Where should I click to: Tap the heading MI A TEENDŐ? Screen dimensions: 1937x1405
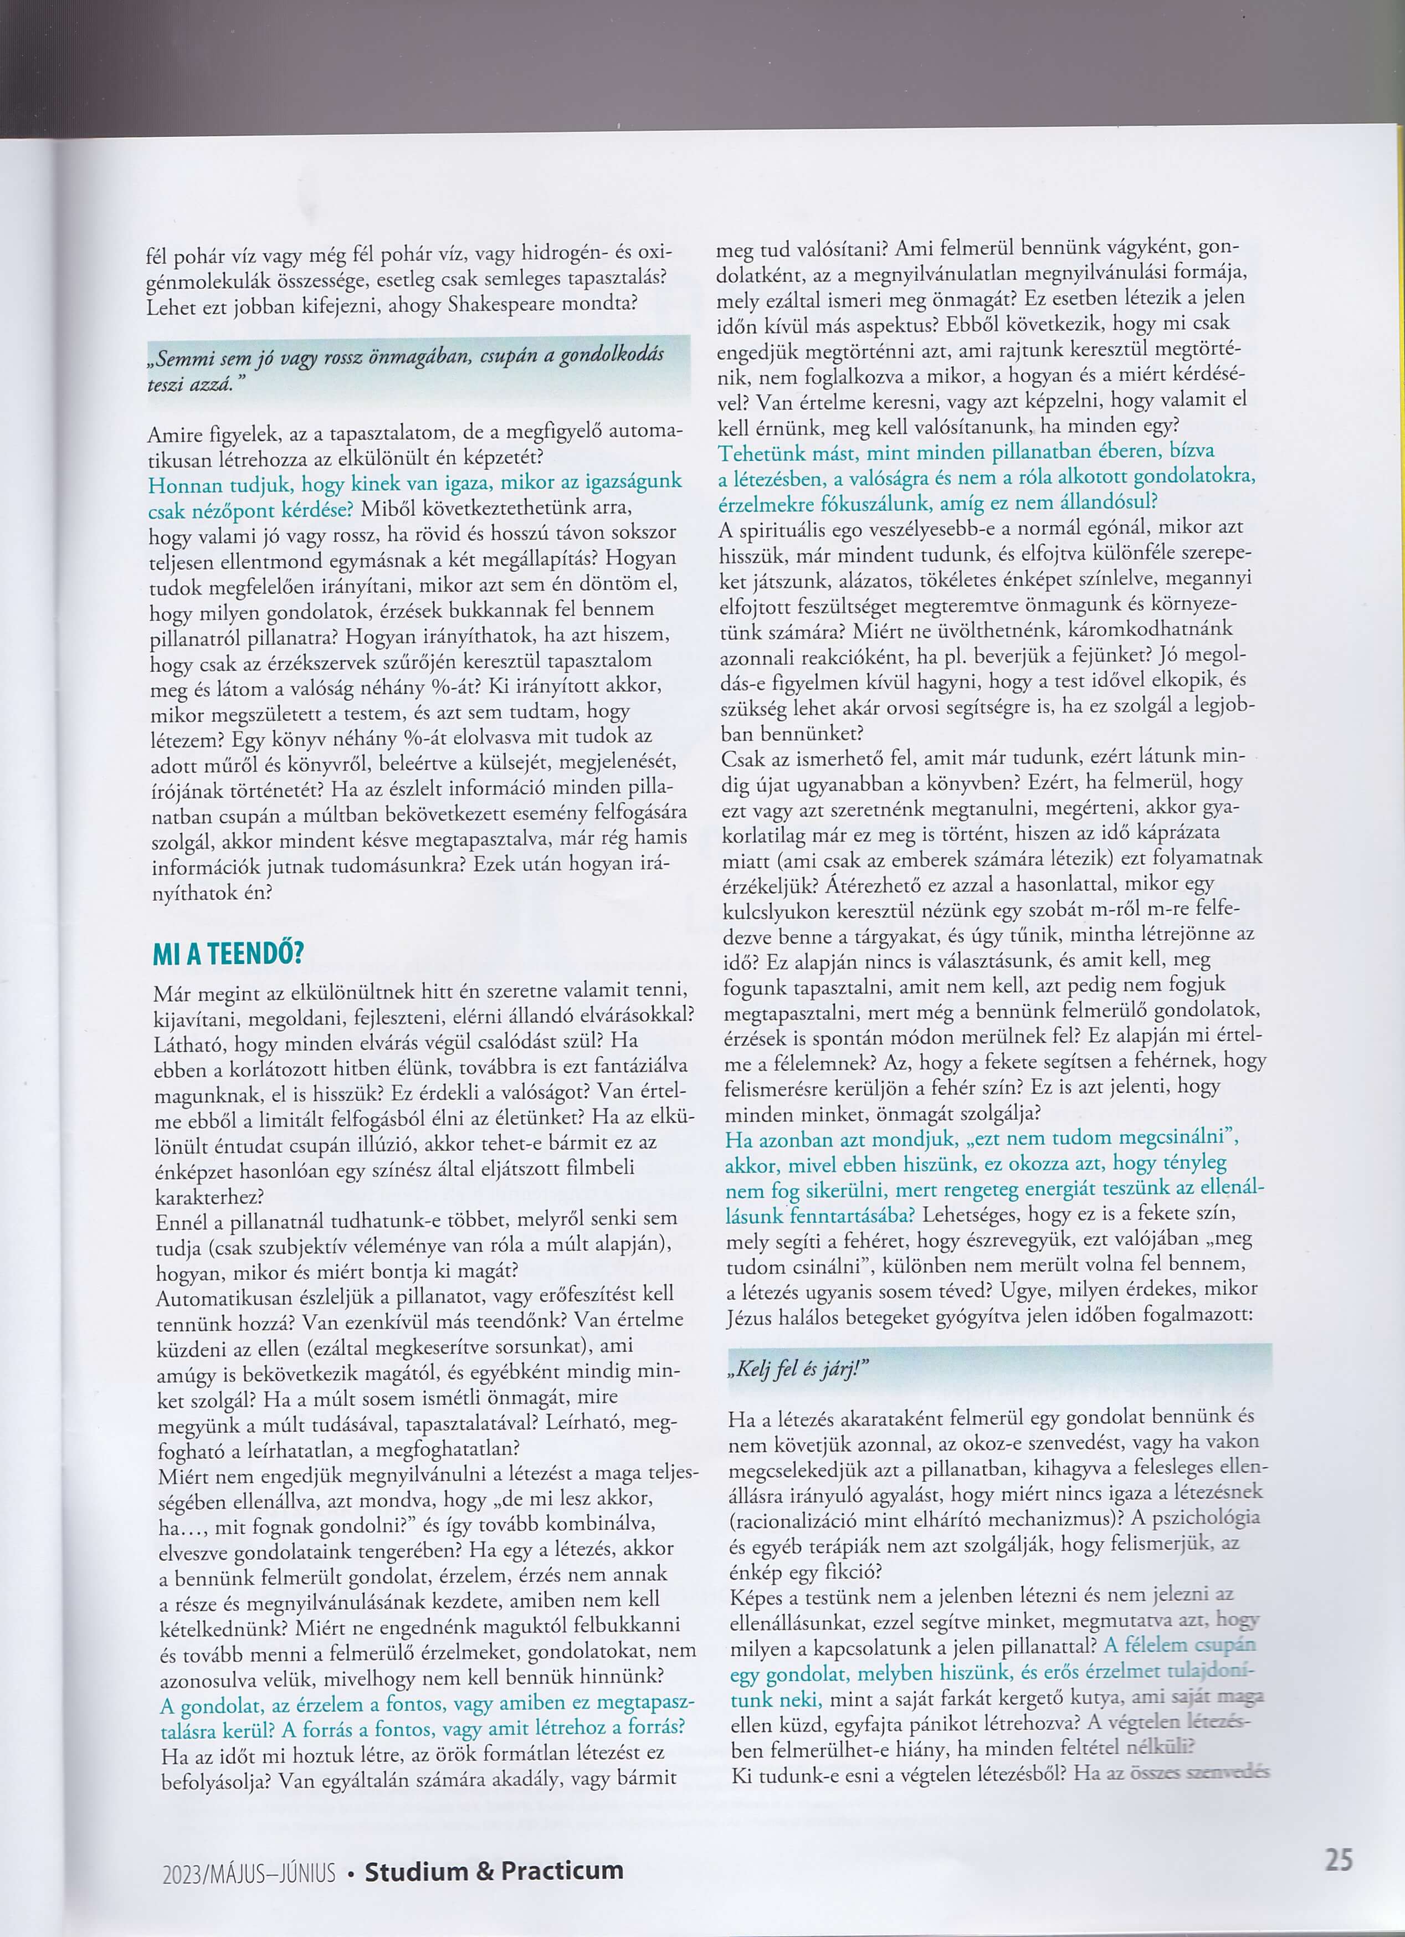[228, 953]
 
